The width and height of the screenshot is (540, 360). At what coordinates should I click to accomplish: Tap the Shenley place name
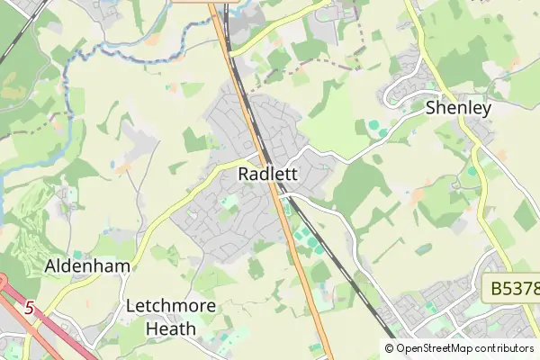coord(458,108)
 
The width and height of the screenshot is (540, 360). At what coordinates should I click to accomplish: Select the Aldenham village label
coord(87,266)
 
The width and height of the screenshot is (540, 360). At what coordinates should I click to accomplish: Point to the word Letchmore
coord(170,307)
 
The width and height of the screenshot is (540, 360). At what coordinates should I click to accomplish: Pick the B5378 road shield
coord(514,289)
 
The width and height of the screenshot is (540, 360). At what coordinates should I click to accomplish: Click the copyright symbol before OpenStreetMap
coord(390,348)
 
